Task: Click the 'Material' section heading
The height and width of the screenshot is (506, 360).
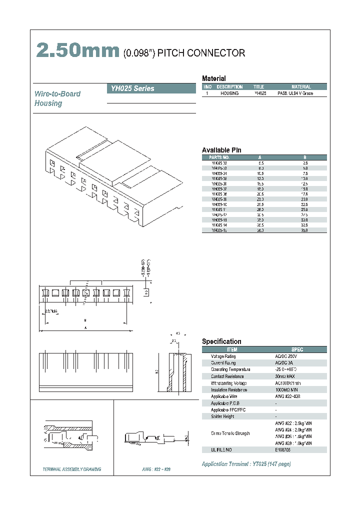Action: pos(213,78)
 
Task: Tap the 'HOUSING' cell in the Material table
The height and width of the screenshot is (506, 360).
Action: pos(229,93)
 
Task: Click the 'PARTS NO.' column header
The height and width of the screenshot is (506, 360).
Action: pos(219,157)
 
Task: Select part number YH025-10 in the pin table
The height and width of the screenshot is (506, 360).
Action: pos(219,204)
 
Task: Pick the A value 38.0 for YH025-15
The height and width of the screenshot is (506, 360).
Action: pos(260,230)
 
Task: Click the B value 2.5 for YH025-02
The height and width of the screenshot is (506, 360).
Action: pos(305,163)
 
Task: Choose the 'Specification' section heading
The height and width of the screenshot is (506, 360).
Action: pos(221,341)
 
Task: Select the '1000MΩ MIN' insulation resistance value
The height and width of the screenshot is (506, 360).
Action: pos(287,390)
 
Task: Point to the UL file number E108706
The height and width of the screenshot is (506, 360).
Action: pos(283,450)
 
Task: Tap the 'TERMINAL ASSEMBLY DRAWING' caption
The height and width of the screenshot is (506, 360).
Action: pos(72,469)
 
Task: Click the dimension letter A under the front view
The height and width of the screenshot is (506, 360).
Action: pos(85,328)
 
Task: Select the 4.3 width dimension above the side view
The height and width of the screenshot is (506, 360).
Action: pos(178,332)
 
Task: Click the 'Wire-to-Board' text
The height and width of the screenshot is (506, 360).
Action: pos(57,93)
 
